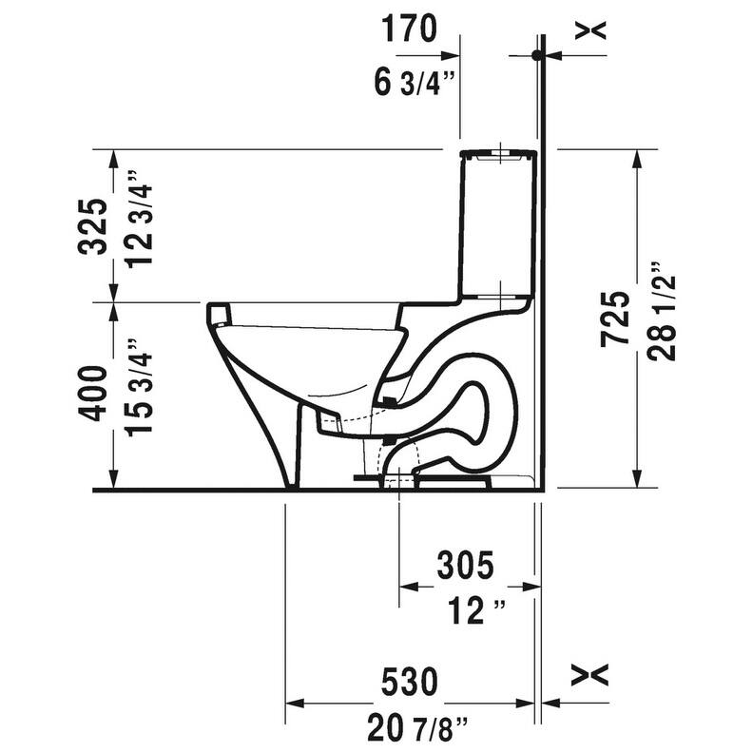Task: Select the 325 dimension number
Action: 92,226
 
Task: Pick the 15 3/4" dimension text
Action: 134,392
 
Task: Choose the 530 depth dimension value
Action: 410,682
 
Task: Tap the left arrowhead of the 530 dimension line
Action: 294,705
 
